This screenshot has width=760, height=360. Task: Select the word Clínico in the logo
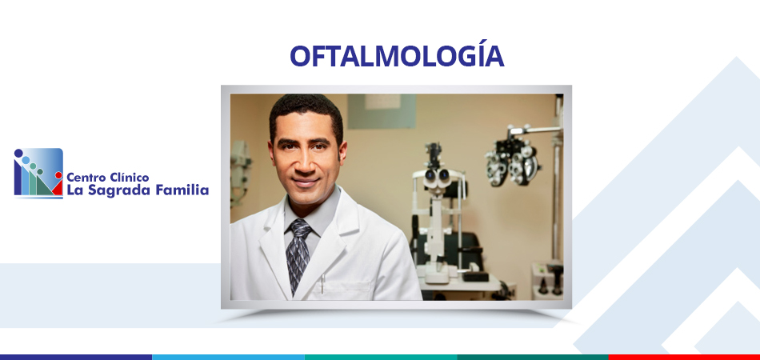[x=130, y=177]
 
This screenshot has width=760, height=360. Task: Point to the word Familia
[x=182, y=190]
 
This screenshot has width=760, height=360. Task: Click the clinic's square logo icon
[x=38, y=173]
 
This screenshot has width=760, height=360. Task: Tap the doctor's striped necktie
[x=298, y=254]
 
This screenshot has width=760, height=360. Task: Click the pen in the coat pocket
[x=322, y=283]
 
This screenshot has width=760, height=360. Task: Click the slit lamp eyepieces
[x=436, y=176]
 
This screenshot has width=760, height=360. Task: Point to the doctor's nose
[x=304, y=163]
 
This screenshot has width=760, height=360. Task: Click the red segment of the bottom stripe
[x=684, y=357]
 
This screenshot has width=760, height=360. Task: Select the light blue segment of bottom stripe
[x=228, y=357]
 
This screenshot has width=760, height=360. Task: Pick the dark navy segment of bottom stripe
[x=76, y=357]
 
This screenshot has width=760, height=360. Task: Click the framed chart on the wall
[x=382, y=110]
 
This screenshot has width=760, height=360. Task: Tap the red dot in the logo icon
[x=58, y=175]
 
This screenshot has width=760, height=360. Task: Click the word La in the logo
[x=74, y=190]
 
